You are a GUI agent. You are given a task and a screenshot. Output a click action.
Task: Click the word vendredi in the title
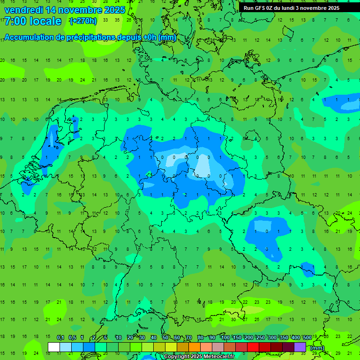click(23, 10)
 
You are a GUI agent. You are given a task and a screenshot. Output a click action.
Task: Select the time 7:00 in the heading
click(15, 21)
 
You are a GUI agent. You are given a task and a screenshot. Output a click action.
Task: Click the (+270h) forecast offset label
click(83, 21)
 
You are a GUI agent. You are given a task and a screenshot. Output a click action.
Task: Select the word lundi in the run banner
click(287, 8)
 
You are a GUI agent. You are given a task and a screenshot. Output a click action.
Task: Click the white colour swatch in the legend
click(54, 347)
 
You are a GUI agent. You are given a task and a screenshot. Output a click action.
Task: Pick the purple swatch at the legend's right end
click(300, 347)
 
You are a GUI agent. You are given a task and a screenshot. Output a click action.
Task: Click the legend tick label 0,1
click(60, 338)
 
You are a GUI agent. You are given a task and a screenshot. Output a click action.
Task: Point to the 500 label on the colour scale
click(307, 338)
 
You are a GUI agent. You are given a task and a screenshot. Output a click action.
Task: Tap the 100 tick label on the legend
click(225, 338)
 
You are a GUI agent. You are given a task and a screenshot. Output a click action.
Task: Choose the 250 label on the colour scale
click(261, 338)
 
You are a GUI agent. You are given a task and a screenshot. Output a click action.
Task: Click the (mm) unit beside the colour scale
click(317, 348)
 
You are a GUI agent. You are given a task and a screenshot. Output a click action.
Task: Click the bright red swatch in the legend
click(253, 347)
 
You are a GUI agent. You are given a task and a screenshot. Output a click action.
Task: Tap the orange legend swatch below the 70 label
click(195, 347)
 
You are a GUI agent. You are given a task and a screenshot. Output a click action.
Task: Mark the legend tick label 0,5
click(72, 338)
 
